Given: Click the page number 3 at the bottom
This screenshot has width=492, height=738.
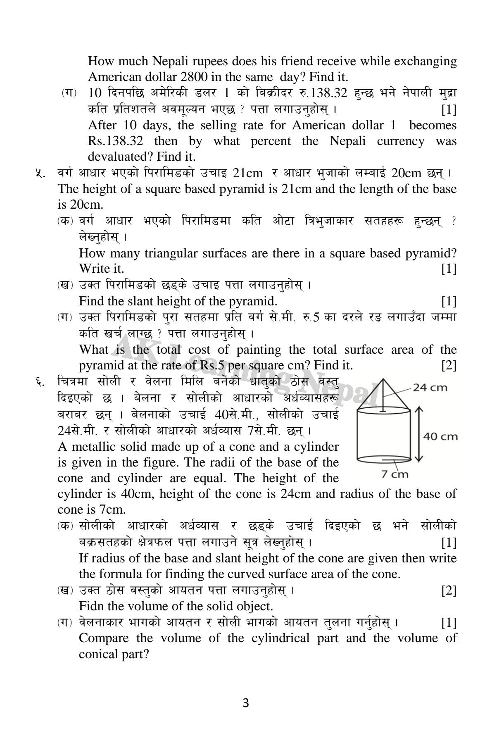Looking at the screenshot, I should (246, 702).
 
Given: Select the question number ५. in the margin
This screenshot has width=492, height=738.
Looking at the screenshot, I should (40, 174).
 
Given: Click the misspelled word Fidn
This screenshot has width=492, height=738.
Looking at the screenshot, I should (92, 606).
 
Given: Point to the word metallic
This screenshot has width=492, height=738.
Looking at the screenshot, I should (93, 447).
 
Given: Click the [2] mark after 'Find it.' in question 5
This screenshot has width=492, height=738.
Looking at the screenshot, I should (449, 366).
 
